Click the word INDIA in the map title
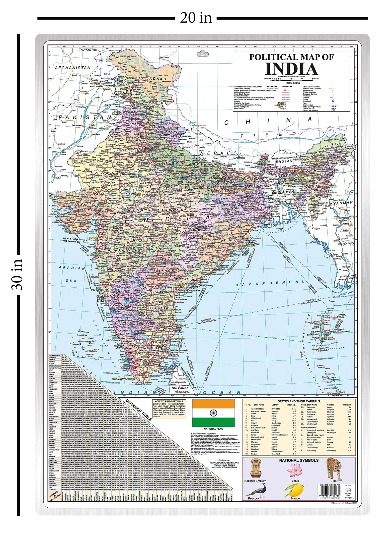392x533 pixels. (x=291, y=69)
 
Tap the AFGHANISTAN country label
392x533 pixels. (x=73, y=68)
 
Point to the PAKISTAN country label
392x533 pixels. (x=85, y=117)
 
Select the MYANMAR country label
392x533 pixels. (x=341, y=202)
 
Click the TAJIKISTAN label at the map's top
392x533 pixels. (x=88, y=50)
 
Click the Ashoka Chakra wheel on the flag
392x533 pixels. (x=213, y=413)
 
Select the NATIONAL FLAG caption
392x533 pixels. (x=213, y=429)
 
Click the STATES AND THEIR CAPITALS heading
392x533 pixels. (x=299, y=401)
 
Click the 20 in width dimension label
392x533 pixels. (x=196, y=18)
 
